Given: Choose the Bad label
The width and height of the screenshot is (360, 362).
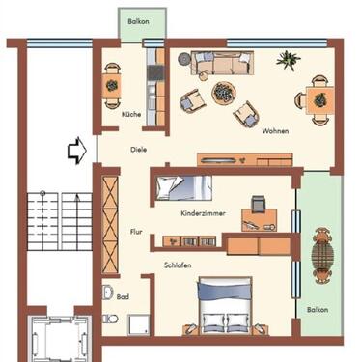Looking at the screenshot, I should (x=123, y=297).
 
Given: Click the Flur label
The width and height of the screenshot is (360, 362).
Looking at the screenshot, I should (x=136, y=232).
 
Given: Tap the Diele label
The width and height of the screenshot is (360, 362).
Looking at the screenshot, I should (x=140, y=150).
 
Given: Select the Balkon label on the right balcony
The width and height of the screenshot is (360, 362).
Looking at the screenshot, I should (x=318, y=310).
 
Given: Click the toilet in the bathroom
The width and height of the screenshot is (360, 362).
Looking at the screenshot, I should (x=108, y=293).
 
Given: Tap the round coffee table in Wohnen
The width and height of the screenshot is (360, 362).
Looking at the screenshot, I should (x=223, y=93).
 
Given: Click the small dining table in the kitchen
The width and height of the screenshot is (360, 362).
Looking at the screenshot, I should (x=113, y=87).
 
